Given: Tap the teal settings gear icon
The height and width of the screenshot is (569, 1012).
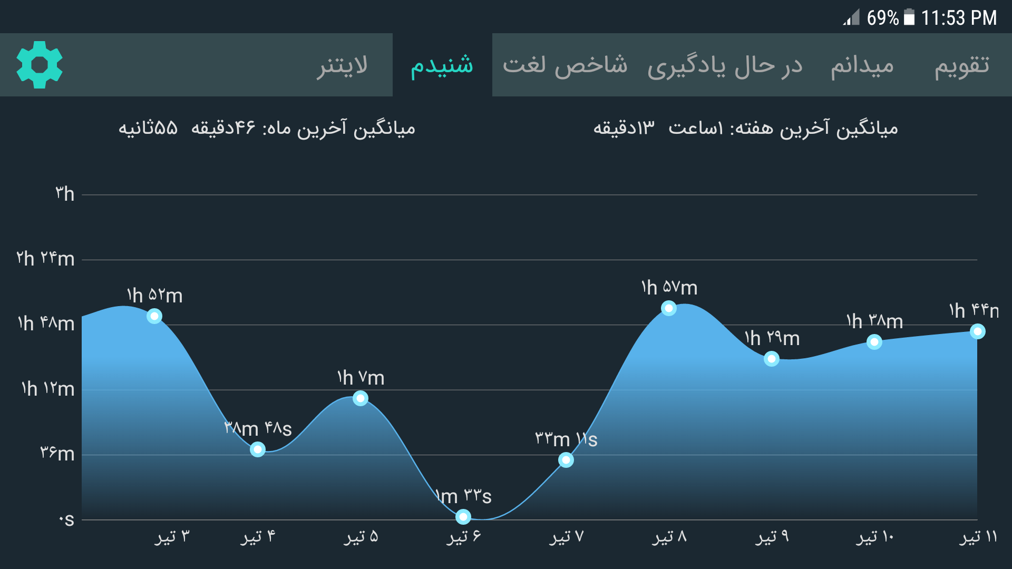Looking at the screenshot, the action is coord(40,65).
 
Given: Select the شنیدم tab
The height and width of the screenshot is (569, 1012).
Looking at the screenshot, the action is coord(442,65).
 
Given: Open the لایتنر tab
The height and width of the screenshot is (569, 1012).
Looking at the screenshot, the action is coord(342,65).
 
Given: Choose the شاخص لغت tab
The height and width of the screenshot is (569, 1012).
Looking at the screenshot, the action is coord(565,65).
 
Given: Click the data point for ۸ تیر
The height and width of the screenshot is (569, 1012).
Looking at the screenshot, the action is coord(669,308).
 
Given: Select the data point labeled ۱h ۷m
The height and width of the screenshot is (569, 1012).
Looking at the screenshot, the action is coord(361,398).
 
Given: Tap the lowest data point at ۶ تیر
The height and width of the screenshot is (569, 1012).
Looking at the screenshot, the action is coord(463,517).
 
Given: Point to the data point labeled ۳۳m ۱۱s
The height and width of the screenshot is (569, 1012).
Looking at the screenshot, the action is coord(566,460).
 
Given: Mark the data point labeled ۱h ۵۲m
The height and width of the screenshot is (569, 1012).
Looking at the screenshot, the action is coord(154,316).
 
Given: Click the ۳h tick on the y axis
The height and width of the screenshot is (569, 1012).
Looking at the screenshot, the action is coord(65,194).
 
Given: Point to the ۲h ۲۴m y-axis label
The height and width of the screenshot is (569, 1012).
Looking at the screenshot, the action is coord(45,259).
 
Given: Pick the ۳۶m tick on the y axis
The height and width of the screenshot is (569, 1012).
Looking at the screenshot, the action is coord(57,453).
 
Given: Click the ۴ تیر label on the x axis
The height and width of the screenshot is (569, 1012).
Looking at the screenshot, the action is coord(258,537).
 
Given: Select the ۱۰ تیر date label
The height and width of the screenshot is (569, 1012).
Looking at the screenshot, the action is coord(875,537).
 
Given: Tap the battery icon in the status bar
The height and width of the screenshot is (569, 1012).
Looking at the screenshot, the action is coord(909,17).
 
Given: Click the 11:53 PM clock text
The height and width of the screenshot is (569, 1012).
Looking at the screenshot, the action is coord(959,18).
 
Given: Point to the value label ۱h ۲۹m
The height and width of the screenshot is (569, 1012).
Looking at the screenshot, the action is coord(772,338).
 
